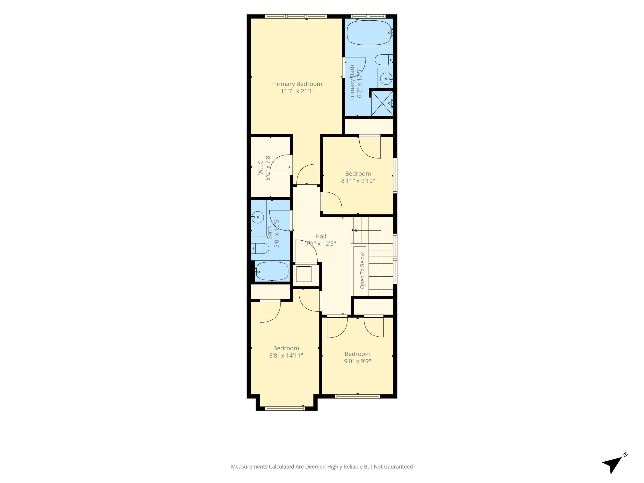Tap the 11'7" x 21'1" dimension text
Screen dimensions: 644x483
point(297,91)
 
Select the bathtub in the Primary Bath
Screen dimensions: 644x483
point(369,33)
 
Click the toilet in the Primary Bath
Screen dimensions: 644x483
point(384,60)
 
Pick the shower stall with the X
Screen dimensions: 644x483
point(382,103)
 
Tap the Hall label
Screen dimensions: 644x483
point(320,236)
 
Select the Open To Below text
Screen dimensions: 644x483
point(362,270)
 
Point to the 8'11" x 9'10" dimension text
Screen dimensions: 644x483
point(358,181)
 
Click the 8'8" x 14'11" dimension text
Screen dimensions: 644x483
point(286,355)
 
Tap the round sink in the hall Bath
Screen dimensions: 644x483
point(258,217)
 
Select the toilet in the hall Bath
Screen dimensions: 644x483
point(260,248)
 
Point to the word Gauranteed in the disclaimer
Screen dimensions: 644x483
point(398,467)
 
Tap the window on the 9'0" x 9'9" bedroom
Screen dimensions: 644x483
point(358,396)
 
